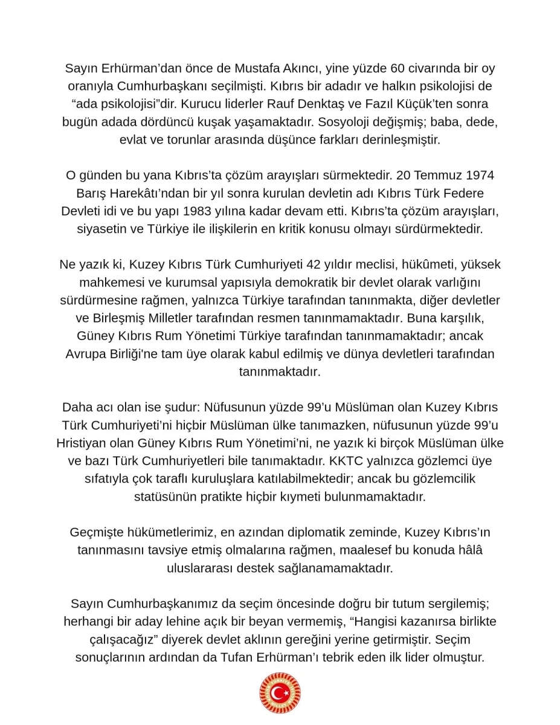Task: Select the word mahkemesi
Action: [106, 283]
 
